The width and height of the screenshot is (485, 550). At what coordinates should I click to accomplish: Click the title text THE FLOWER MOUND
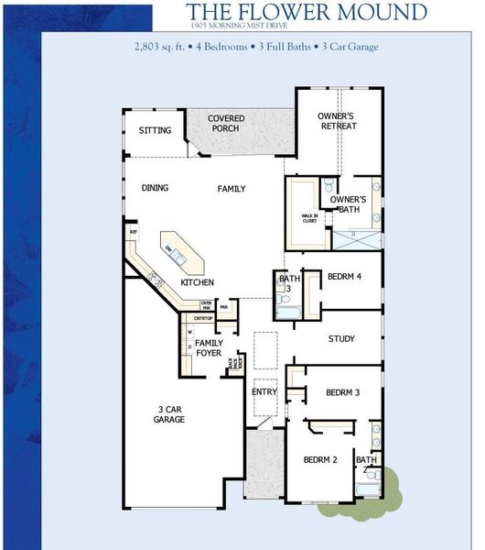tap(307, 12)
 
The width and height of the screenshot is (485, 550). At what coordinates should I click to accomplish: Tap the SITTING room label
tap(155, 130)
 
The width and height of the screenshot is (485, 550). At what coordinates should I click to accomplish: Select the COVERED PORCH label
tap(225, 124)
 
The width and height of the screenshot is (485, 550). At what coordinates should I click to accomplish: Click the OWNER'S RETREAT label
tap(337, 121)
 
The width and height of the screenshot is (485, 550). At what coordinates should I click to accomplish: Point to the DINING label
tap(155, 188)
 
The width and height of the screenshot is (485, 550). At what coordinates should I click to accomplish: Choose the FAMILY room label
tap(232, 189)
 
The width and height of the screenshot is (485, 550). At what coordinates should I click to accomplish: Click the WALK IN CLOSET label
tap(307, 218)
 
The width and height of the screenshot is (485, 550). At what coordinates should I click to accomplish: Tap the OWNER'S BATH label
tap(348, 203)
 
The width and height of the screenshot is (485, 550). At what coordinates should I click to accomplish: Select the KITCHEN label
tap(197, 282)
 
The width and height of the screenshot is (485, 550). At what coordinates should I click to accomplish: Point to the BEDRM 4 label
tap(345, 277)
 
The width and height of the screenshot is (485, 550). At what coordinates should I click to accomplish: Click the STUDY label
tap(341, 339)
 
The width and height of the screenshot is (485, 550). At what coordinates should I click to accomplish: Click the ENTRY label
tap(264, 392)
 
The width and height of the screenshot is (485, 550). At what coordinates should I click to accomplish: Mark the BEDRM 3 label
tap(342, 392)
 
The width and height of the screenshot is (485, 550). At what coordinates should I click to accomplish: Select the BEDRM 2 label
tap(321, 459)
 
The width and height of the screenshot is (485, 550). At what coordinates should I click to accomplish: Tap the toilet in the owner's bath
tap(328, 187)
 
